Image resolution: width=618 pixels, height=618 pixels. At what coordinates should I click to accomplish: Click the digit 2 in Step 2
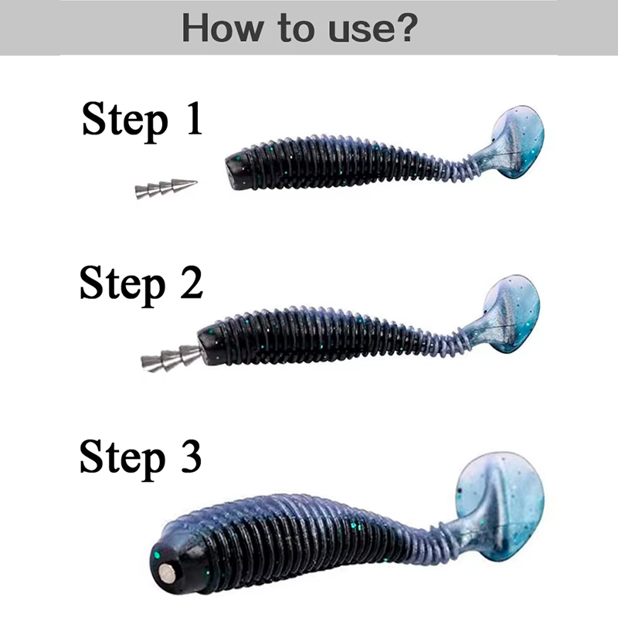click(x=192, y=282)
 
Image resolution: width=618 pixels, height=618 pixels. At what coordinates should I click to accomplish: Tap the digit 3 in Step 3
click(x=191, y=457)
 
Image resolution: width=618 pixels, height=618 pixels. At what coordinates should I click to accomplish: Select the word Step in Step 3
click(x=123, y=458)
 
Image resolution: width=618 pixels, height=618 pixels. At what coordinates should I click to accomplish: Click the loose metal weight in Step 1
click(x=166, y=188)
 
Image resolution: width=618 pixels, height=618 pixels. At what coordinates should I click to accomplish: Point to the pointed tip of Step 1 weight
click(x=197, y=182)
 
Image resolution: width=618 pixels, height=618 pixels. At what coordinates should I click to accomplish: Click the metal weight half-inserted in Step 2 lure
click(x=171, y=357)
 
